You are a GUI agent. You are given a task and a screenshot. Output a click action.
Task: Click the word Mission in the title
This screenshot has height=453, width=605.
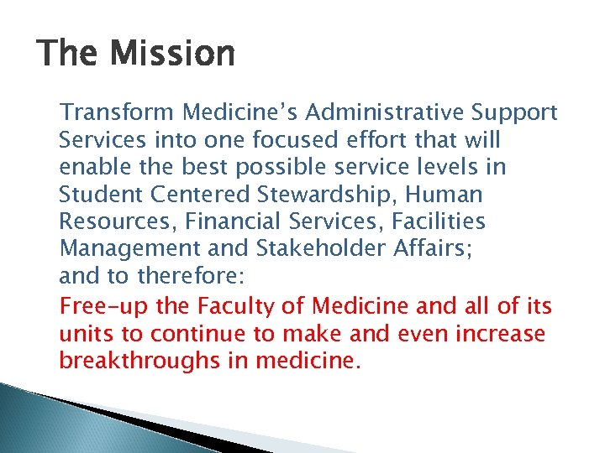(172, 55)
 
